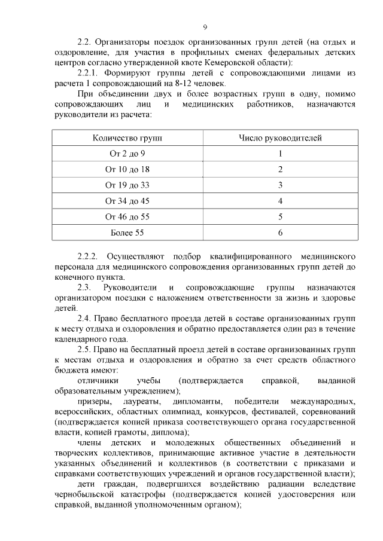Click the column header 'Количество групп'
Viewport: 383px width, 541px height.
pos(127,138)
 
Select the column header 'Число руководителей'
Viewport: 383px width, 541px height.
pos(280,138)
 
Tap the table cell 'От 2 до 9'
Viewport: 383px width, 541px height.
pos(127,154)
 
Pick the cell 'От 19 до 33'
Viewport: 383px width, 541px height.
pos(127,185)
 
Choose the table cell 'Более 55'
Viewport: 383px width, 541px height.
pos(127,232)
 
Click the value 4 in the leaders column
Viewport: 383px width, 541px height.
pos(280,201)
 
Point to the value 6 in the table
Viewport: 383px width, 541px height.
pos(280,232)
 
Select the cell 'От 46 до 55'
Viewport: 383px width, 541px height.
pos(127,216)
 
